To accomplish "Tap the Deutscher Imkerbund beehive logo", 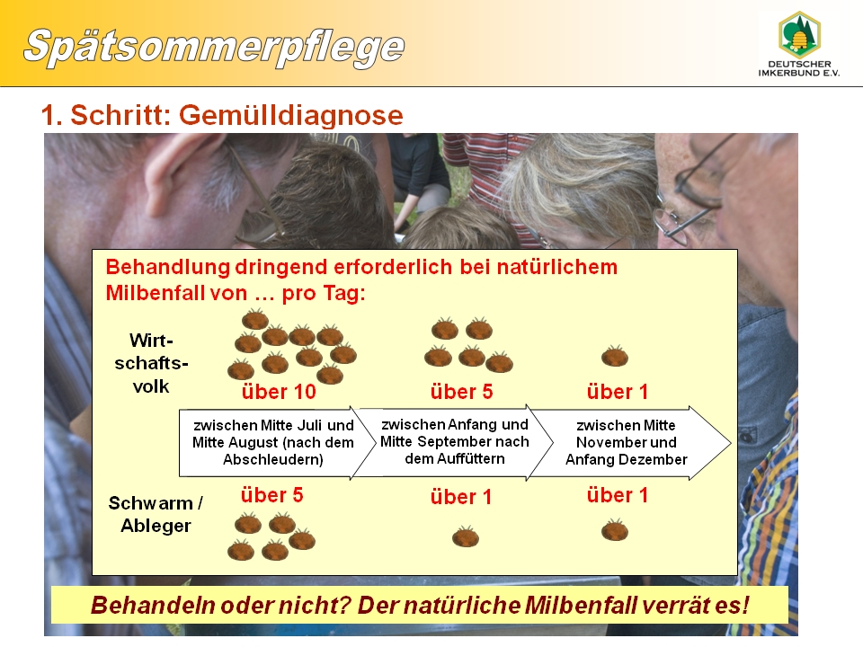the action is pos(799,35).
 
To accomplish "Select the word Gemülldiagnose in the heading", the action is pos(291,115).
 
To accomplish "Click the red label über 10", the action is pos(279,392).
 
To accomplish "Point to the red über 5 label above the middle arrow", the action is pos(461,392).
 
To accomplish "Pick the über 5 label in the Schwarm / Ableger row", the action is pos(271,495).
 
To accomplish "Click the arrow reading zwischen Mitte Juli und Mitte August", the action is pos(271,442).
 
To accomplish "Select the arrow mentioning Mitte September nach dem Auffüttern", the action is pos(454,442).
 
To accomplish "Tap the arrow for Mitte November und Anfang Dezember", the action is pos(627,442).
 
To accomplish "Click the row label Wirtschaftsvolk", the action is pos(151,363).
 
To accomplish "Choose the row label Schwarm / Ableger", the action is pos(156,514).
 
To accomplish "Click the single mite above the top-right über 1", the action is pos(615,356).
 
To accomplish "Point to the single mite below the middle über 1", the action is pos(466,536).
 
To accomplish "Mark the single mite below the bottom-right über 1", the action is pos(615,530).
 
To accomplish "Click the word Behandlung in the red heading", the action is pos(168,268).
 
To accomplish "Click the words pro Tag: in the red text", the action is pos(324,293).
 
